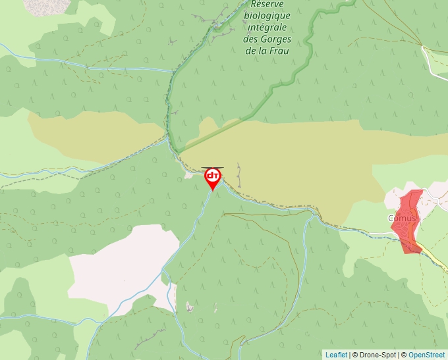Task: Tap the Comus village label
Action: [x=401, y=219]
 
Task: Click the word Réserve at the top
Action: [x=264, y=5]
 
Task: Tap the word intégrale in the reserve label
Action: [x=267, y=28]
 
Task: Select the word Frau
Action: [x=280, y=50]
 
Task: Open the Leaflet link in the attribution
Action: [x=336, y=355]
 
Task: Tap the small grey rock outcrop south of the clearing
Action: [x=190, y=307]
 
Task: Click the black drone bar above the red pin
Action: [x=212, y=168]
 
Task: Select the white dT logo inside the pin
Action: [x=213, y=176]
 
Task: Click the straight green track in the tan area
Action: [x=217, y=132]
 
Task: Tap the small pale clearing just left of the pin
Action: [x=192, y=174]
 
